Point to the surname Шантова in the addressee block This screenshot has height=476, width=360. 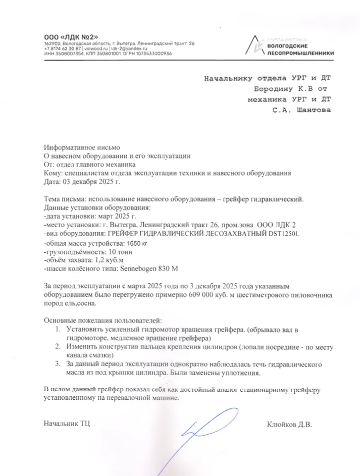(314, 111)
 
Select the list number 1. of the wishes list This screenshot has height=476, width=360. (59, 329)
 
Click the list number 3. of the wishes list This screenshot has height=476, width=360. (59, 363)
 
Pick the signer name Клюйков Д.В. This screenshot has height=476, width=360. (289, 424)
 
